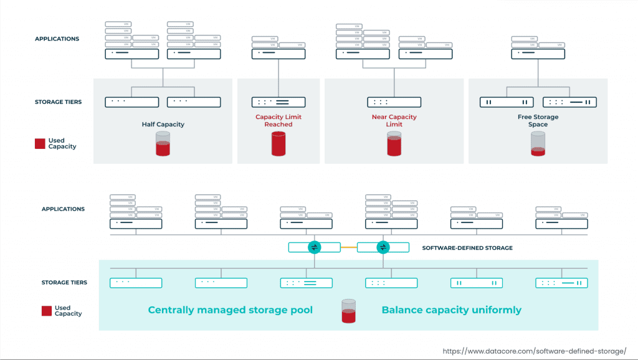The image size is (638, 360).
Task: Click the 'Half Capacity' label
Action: [x=163, y=124]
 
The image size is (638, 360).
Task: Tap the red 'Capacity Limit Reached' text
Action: [x=278, y=120]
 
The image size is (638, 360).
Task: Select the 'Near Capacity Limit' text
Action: [x=394, y=120]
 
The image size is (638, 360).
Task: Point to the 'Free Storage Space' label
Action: [x=538, y=120]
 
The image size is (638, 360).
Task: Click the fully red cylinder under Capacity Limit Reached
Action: [x=278, y=143]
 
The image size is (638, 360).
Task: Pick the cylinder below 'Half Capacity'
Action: [x=163, y=143]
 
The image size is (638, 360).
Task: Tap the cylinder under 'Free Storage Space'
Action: [x=538, y=144]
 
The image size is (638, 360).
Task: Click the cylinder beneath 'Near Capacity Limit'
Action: [x=394, y=144]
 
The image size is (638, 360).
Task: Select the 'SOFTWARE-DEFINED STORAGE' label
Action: [x=467, y=248]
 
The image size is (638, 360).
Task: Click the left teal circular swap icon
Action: [x=314, y=247]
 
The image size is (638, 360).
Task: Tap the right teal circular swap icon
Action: [x=383, y=247]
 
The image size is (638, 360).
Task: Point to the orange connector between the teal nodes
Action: [x=348, y=247]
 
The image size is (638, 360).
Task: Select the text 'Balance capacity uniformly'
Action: [x=451, y=310]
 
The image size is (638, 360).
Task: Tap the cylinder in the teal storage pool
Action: [x=348, y=311]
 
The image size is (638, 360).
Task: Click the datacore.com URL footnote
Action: [x=534, y=351]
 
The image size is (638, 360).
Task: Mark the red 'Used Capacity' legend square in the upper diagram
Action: [x=40, y=144]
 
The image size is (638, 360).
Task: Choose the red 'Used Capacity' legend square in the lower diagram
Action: [x=47, y=311]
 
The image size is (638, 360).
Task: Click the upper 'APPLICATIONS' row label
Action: [x=57, y=39]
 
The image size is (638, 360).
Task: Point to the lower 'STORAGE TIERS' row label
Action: [x=64, y=283]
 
